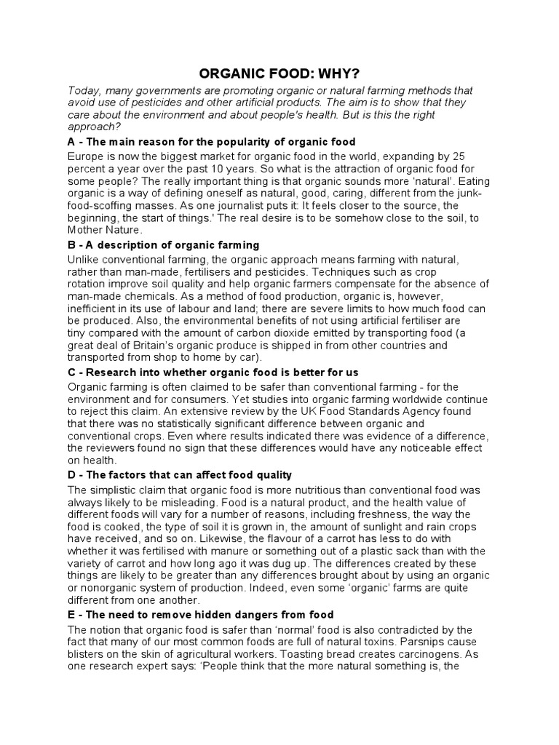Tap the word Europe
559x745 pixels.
point(86,156)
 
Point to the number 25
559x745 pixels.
point(457,156)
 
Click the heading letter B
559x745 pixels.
point(71,245)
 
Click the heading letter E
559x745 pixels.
point(71,615)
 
